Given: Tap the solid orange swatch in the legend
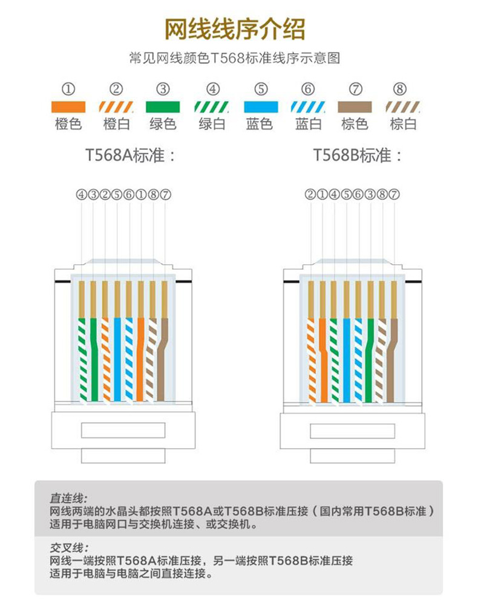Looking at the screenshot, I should [68, 107].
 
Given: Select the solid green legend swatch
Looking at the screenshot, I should [163, 107].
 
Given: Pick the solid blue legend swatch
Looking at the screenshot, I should [260, 107].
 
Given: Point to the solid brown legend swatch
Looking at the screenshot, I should [355, 107].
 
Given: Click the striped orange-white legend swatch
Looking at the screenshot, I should [116, 107].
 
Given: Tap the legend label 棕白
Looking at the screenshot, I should [403, 125].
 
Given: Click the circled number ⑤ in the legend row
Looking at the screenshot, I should [261, 89].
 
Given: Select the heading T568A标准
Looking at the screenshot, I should [130, 155].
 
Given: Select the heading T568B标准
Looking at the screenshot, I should [358, 155].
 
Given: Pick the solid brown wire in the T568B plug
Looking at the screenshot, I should [391, 363].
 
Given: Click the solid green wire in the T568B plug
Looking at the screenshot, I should [369, 363].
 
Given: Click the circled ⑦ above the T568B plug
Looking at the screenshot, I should [394, 194].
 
